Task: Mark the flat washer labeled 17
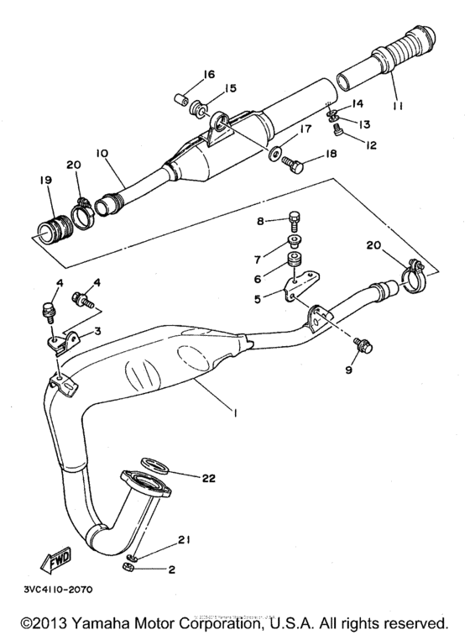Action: click(x=275, y=155)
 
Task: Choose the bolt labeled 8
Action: click(x=294, y=222)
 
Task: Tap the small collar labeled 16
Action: click(x=178, y=101)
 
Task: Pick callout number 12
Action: click(x=370, y=144)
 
